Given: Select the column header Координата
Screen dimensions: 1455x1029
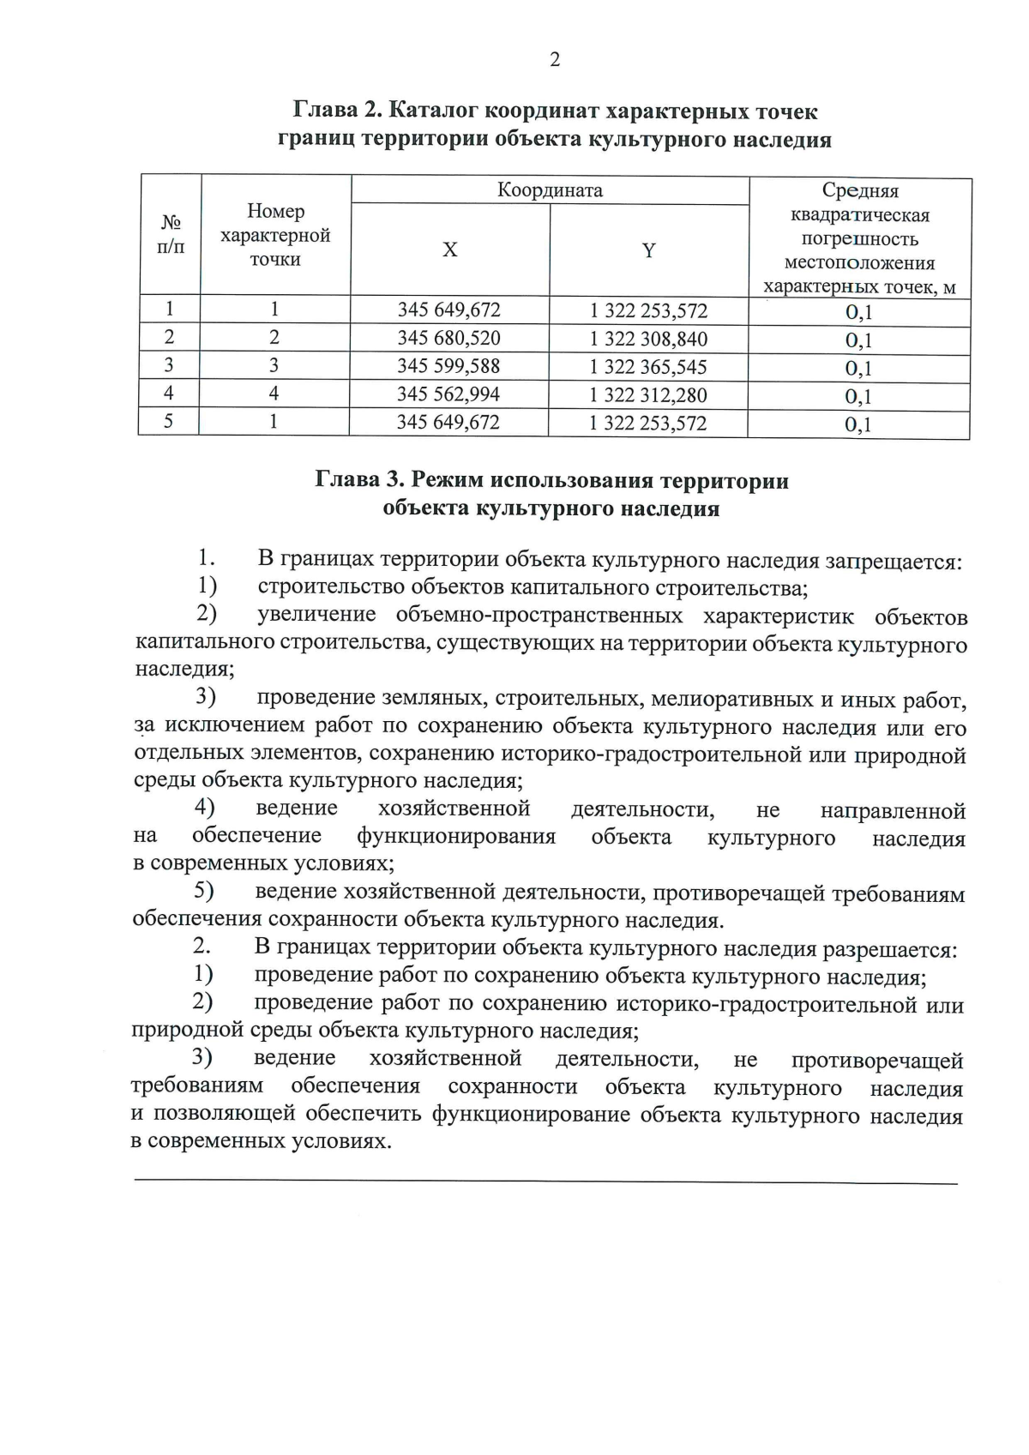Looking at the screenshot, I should pyautogui.click(x=550, y=189).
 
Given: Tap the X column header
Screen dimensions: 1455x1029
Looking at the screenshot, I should pyautogui.click(x=449, y=250).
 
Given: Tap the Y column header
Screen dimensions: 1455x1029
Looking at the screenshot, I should pyautogui.click(x=649, y=250).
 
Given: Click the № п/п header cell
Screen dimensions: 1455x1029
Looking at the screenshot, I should pyautogui.click(x=171, y=234).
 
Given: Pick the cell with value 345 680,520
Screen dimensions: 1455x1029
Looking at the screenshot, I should pyautogui.click(x=448, y=338).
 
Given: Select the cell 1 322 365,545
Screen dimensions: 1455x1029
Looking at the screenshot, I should pyautogui.click(x=648, y=367).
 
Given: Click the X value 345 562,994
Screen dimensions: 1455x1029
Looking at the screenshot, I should pyautogui.click(x=448, y=394).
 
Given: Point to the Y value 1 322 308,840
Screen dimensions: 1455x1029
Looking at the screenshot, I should pyautogui.click(x=648, y=339).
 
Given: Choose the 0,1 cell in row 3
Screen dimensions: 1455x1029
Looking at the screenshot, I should pyautogui.click(x=858, y=369).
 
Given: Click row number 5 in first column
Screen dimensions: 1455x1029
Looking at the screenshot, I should pyautogui.click(x=169, y=422).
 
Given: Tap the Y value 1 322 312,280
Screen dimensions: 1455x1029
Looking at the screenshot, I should pyautogui.click(x=648, y=395).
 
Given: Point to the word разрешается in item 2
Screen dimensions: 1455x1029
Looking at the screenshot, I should pyautogui.click(x=889, y=950).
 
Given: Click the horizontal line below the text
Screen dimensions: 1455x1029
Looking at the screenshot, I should pyautogui.click(x=545, y=1182).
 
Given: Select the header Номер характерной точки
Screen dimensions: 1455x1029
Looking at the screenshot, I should pyautogui.click(x=275, y=235).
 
